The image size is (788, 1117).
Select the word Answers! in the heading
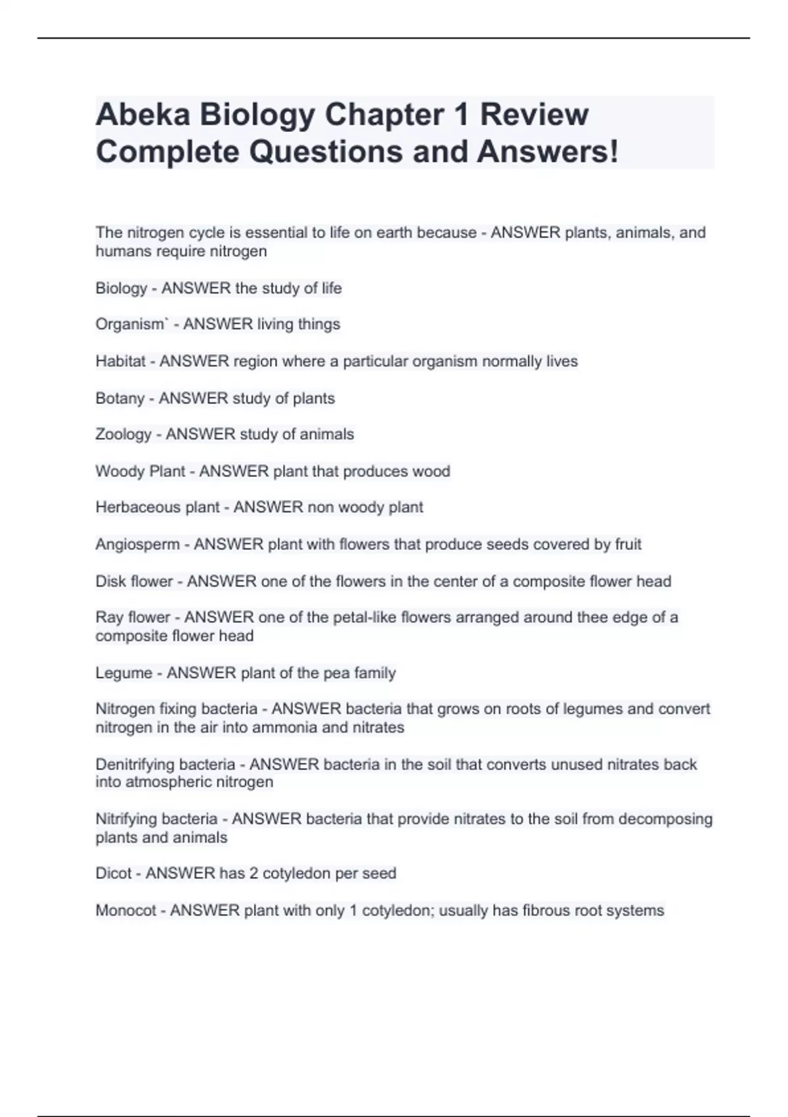pos(548,152)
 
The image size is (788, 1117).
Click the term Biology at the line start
pos(121,288)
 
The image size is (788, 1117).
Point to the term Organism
pos(130,325)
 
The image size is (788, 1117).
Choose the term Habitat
pos(120,361)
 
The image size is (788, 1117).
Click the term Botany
pos(120,398)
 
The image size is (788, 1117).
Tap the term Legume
pos(123,673)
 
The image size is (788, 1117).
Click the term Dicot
pos(114,873)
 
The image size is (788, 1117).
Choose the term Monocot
pos(126,911)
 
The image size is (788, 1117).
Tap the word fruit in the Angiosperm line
pos(628,544)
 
